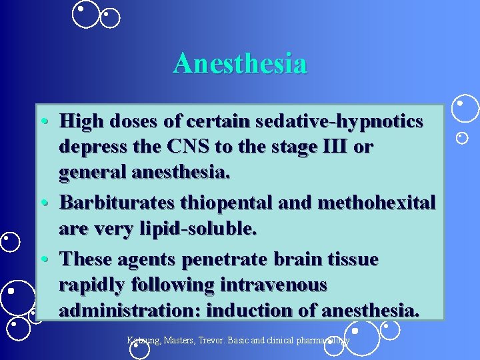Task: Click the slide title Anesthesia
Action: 240,64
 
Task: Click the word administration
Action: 129,311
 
